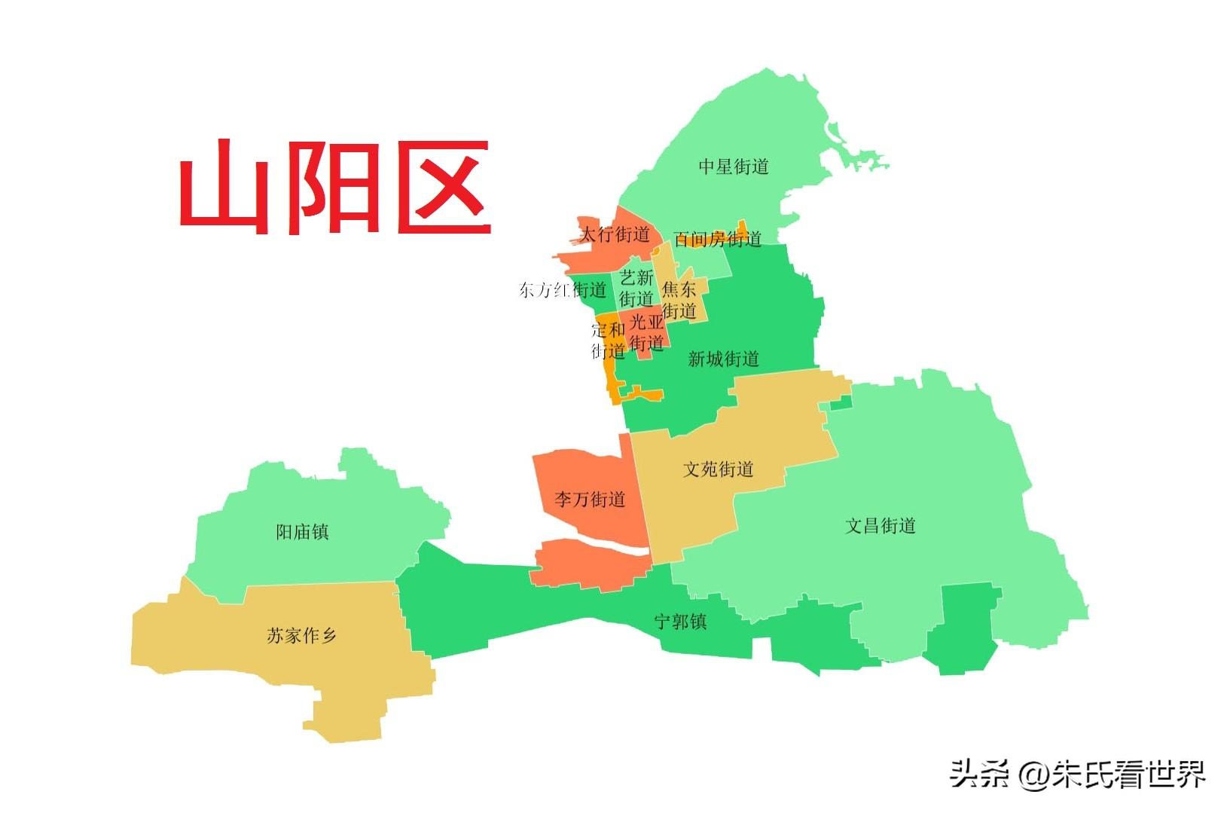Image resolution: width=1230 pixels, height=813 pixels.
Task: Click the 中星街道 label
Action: [733, 167]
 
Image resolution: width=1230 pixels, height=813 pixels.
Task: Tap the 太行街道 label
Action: [614, 234]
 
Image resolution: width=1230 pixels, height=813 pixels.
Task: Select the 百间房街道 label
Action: [717, 240]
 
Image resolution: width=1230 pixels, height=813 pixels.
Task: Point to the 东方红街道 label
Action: [562, 290]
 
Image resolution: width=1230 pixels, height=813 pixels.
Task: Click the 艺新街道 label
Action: [636, 288]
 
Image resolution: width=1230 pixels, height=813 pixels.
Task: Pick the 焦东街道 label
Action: [679, 300]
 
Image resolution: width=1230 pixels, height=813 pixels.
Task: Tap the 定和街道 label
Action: [608, 340]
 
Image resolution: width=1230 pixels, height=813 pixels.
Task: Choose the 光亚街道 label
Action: [647, 333]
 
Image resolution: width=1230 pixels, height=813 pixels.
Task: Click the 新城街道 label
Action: [723, 359]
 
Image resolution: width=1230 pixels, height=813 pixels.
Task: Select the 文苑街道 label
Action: [718, 469]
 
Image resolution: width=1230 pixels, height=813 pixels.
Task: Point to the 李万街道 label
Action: [590, 499]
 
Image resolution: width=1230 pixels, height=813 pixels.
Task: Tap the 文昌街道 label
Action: [880, 526]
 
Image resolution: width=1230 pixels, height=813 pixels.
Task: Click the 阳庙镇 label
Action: [302, 532]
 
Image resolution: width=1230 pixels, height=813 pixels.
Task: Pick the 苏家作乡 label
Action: [301, 636]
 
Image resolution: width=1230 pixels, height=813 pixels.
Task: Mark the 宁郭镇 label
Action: [680, 622]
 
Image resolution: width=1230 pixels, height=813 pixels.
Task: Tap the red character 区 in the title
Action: [443, 187]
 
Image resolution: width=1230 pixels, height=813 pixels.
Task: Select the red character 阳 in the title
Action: [334, 187]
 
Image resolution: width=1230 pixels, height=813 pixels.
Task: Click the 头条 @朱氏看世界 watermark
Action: [1077, 774]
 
